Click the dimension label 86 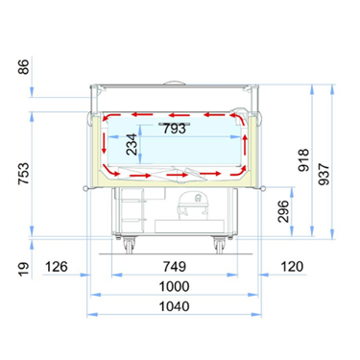(24, 67)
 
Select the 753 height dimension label (24, 174)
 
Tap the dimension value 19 (24, 269)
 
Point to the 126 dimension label (57, 267)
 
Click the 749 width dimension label (175, 267)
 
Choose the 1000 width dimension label (175, 286)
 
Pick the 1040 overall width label (175, 306)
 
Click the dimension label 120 (292, 267)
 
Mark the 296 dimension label (283, 211)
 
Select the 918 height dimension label (303, 160)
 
